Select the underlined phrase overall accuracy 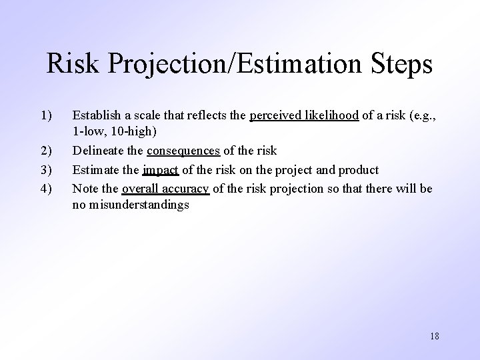(x=165, y=189)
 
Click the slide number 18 (x=435, y=335)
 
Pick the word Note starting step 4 (x=84, y=189)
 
